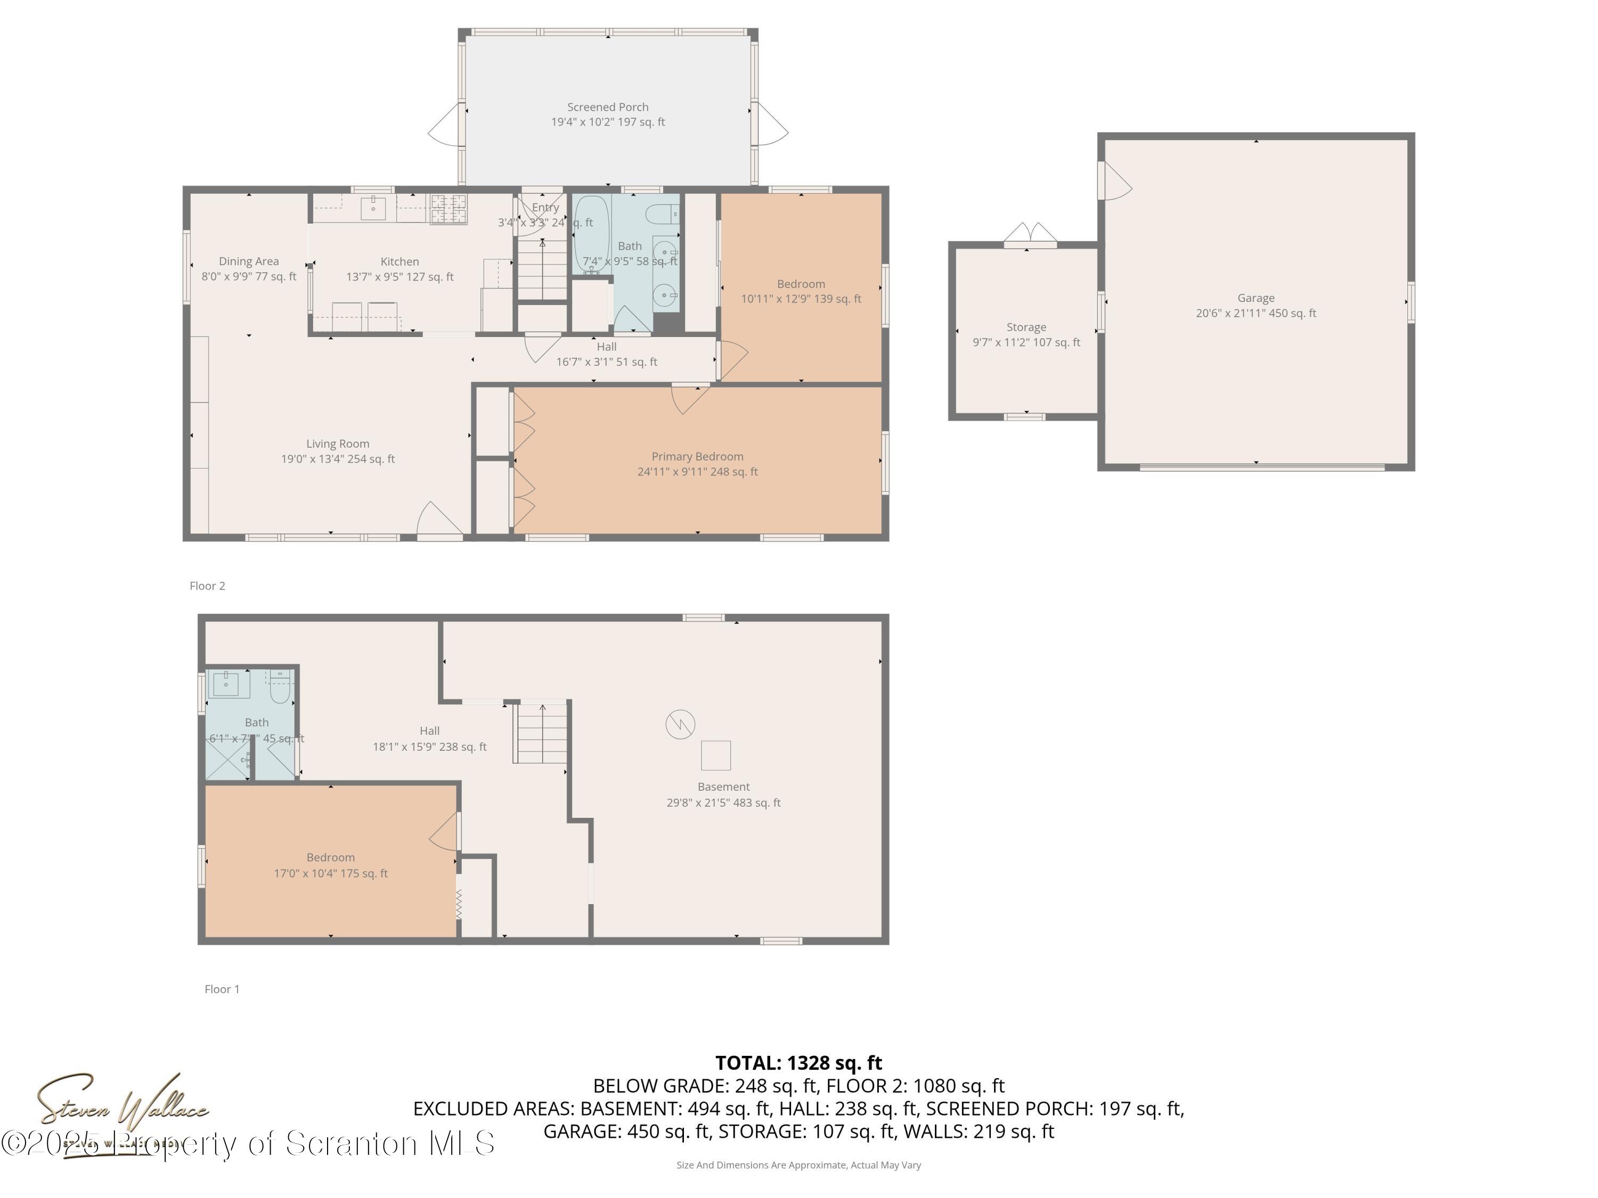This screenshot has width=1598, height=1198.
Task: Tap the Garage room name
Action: click(1255, 298)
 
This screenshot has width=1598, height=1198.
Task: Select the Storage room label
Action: click(1026, 327)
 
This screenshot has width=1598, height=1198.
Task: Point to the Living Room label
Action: click(337, 444)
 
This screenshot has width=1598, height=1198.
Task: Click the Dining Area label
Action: click(249, 261)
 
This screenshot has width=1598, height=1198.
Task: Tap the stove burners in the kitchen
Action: click(449, 209)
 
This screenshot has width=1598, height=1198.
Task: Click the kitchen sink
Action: click(373, 208)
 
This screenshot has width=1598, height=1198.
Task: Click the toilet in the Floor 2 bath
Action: click(662, 214)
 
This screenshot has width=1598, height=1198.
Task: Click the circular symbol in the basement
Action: click(680, 724)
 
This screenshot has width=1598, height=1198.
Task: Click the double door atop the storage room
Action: click(1030, 233)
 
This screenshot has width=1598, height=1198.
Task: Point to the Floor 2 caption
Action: click(207, 586)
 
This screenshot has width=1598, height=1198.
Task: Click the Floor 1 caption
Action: click(222, 989)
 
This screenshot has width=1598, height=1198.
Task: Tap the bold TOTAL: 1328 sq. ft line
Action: click(798, 1063)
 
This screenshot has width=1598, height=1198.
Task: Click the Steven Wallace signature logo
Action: click(123, 1105)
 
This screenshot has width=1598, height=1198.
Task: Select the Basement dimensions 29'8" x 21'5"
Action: click(723, 802)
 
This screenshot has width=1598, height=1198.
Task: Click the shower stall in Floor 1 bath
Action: click(227, 759)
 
